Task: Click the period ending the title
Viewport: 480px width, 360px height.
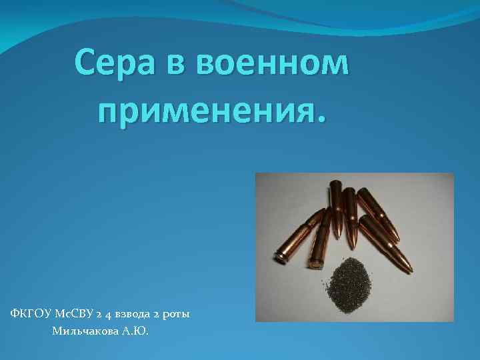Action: [323, 120]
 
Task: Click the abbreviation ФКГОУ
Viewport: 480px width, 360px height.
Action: [30, 313]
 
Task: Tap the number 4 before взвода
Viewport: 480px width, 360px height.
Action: [108, 314]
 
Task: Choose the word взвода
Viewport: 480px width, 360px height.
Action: [134, 314]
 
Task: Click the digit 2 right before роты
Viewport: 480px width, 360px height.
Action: [160, 314]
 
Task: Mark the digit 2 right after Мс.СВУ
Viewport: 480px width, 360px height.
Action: [98, 314]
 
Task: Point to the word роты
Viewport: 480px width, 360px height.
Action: [178, 314]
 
